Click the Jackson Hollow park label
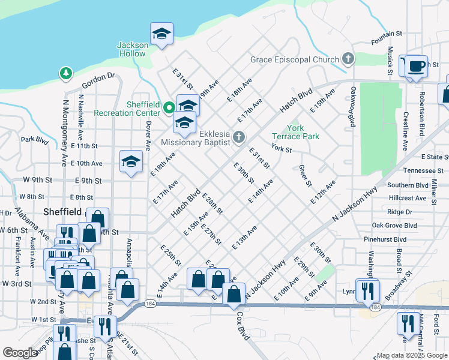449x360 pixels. [131, 49]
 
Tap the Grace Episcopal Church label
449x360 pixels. [295, 59]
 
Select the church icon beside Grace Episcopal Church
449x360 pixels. [348, 59]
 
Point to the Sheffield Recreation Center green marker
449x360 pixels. [169, 109]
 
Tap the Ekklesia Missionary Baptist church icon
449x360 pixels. [238, 138]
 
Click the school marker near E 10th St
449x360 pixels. [131, 161]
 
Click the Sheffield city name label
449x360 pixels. [63, 212]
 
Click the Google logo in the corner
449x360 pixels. [20, 353]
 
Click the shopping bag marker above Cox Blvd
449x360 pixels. [234, 294]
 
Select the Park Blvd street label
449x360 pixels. [34, 140]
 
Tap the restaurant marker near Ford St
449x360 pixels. [408, 323]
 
